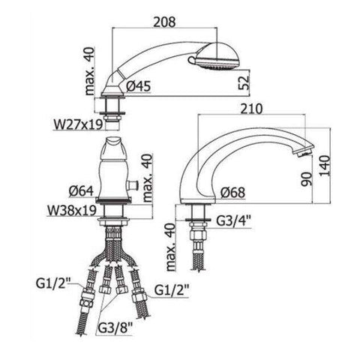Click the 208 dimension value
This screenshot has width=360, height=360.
click(x=164, y=22)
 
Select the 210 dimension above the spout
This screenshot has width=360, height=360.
click(x=251, y=109)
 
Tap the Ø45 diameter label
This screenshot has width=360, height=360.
click(x=138, y=86)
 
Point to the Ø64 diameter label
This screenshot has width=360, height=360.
click(x=81, y=191)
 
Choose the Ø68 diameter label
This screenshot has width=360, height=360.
click(x=232, y=193)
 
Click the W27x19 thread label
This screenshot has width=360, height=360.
click(x=78, y=124)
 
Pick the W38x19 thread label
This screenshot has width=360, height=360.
click(x=72, y=211)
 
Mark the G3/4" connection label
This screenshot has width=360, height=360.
click(x=234, y=221)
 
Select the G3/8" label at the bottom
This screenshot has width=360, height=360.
click(x=115, y=328)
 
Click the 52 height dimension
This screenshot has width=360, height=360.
click(x=244, y=82)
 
